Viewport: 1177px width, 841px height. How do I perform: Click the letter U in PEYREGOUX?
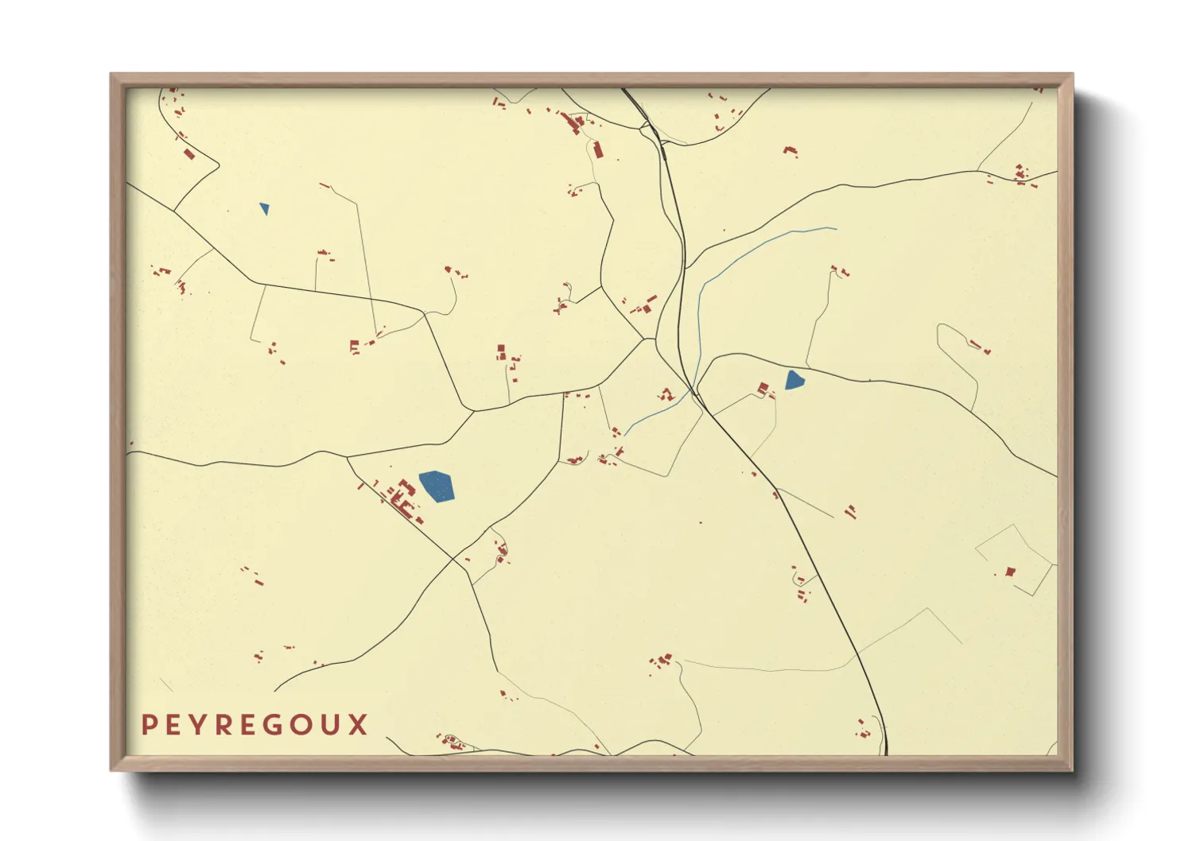pos(332,725)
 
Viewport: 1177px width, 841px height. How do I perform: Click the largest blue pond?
pos(437,486)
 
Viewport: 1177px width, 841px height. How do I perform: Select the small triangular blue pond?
pos(264,208)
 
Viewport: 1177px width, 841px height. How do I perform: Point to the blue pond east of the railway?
pos(794,380)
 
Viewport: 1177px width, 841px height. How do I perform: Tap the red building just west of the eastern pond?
pos(763,389)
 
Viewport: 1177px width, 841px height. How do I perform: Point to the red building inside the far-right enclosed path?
pos(1010,571)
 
